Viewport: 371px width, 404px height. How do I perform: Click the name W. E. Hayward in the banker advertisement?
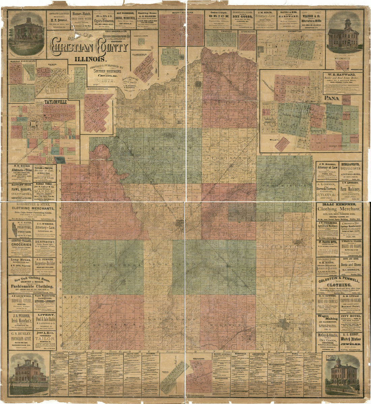pyautogui.click(x=342, y=75)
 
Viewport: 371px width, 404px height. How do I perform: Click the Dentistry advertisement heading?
pyautogui.click(x=45, y=242)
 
